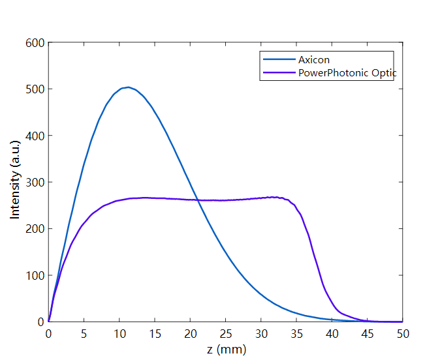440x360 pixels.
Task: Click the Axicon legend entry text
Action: pyautogui.click(x=315, y=60)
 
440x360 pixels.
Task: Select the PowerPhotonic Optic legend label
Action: pyautogui.click(x=347, y=72)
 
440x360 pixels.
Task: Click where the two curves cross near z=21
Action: pyautogui.click(x=198, y=200)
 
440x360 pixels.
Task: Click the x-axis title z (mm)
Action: pyautogui.click(x=227, y=350)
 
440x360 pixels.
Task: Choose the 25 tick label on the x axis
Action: pyautogui.click(x=226, y=333)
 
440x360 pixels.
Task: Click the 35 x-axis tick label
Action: pyautogui.click(x=297, y=333)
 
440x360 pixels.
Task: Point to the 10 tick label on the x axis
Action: pyautogui.click(x=119, y=333)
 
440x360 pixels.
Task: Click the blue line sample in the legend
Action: pyautogui.click(x=278, y=60)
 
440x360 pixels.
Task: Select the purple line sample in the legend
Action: pyautogui.click(x=278, y=72)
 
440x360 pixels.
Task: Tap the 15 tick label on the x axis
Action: pyautogui.click(x=155, y=333)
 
